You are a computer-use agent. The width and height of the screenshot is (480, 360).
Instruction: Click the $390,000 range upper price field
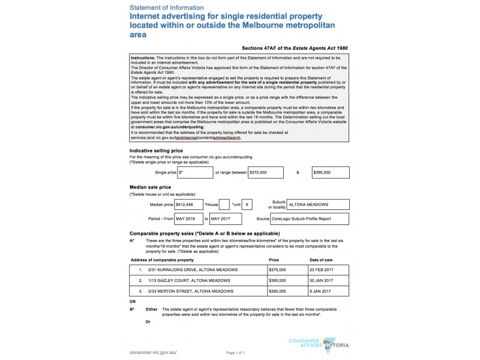331,172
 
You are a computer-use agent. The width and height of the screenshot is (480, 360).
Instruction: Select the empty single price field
195,172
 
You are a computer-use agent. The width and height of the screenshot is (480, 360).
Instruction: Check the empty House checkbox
224,204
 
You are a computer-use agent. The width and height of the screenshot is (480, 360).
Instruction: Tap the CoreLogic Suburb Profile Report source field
309,219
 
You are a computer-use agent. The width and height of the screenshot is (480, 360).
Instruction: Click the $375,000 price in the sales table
278,270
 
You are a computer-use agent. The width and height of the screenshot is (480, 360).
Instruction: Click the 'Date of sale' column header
321,260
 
